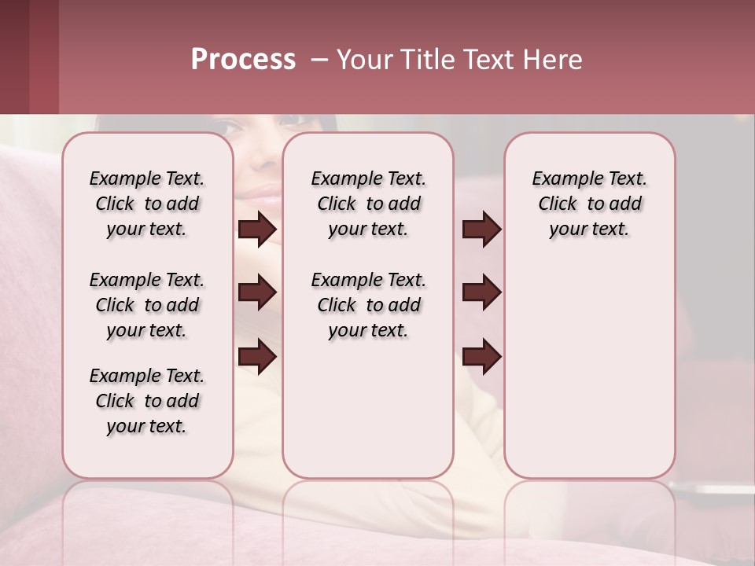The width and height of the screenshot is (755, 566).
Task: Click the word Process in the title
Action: coord(243,60)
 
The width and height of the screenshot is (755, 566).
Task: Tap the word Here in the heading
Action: coord(553,60)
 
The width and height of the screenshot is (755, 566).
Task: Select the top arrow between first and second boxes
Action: coord(257,230)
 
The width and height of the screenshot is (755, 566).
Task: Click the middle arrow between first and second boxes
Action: coord(257,292)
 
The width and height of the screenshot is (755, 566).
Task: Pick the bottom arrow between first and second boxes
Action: coord(257,356)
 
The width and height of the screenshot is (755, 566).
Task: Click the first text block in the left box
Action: coord(147,204)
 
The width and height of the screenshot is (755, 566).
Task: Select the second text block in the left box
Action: coord(147,305)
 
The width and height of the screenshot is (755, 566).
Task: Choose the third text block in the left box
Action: coord(147,401)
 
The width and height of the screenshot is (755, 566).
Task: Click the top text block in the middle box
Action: coord(368,204)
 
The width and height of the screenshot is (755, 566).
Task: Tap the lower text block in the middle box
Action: coord(368,305)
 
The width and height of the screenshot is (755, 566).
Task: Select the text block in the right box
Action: coord(589,204)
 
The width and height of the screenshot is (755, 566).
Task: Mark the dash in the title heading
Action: coord(319,60)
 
